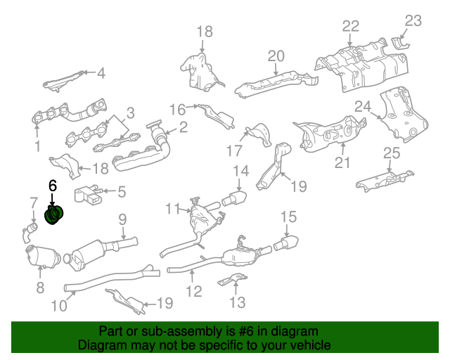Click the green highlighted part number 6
pos(54,213)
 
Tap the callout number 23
pos(413,20)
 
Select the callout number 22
pos(351,26)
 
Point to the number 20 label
pos(275,56)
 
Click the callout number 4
pos(101,72)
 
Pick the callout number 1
pos(37,147)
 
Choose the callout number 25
pos(391,154)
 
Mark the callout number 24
pos(361,106)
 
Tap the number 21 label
pos(342,164)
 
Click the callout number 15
pos(289,217)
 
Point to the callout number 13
pos(238,303)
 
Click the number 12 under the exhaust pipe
pos(193,290)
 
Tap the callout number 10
pos(58,305)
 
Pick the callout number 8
pos(39,287)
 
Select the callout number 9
pos(122,219)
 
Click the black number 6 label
pos(52,186)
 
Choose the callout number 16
pos(176,109)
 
